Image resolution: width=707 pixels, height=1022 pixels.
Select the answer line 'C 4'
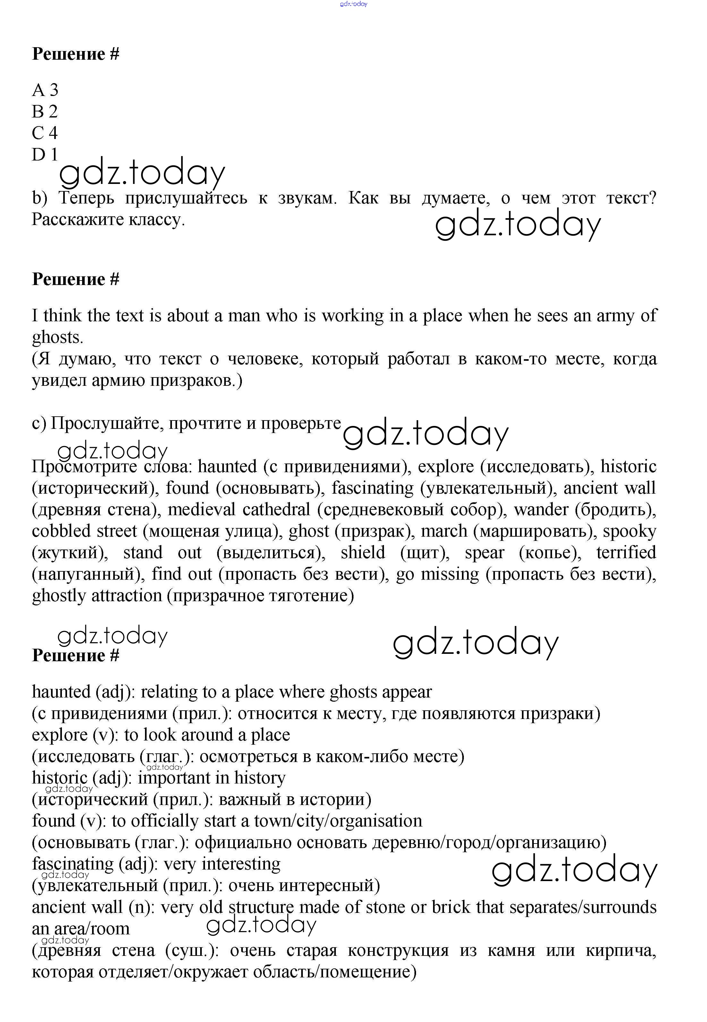tap(45, 133)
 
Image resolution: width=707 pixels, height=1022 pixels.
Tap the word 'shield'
tap(363, 553)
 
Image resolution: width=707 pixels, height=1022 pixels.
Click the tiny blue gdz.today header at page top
tap(353, 4)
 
